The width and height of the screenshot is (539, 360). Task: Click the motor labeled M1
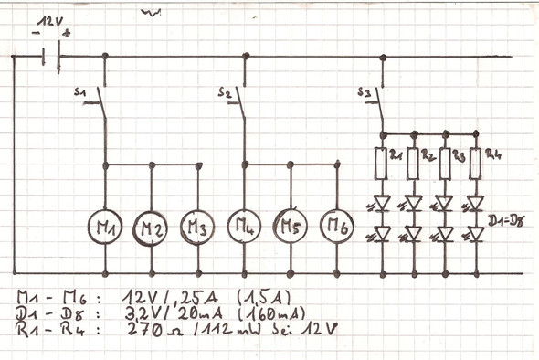tap(105, 224)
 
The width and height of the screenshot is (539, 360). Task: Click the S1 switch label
tap(79, 92)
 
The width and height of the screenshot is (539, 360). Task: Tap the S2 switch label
tap(225, 92)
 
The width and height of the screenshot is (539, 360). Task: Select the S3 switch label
tap(363, 92)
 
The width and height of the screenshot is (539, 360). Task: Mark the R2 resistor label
tap(427, 155)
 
